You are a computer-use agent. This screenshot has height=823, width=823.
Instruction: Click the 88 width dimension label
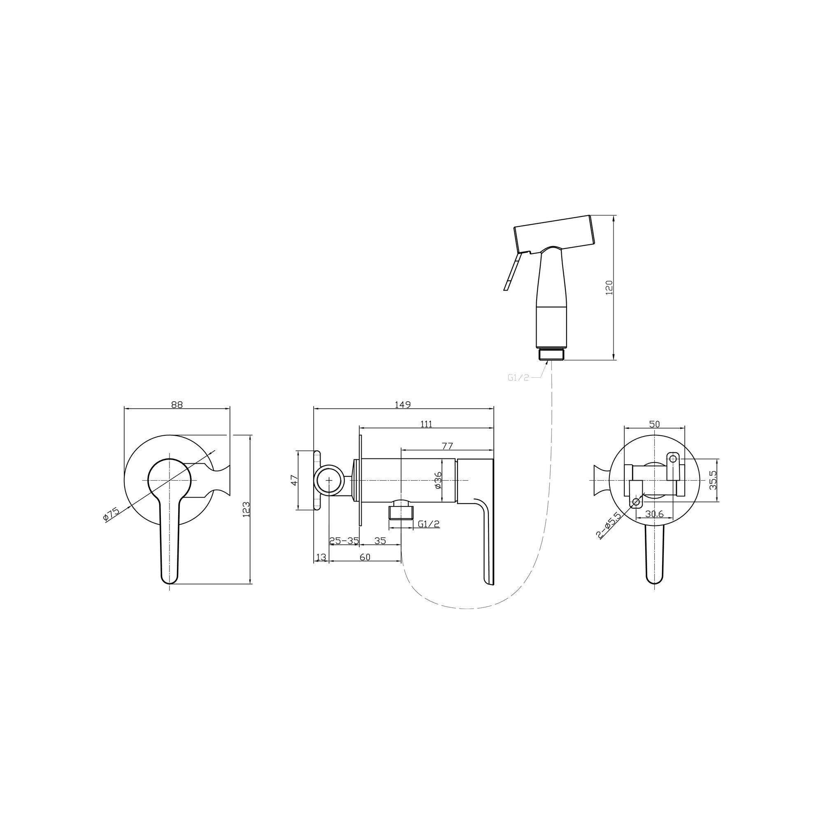[x=177, y=405]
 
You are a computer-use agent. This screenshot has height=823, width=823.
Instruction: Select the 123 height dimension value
[x=246, y=509]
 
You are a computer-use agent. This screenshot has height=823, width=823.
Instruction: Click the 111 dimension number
[x=426, y=424]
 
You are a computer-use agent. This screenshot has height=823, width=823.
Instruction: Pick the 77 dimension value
[x=447, y=446]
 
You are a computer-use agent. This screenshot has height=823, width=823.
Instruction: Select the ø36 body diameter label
[x=438, y=481]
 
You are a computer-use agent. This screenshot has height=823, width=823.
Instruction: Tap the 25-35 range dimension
[x=344, y=541]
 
